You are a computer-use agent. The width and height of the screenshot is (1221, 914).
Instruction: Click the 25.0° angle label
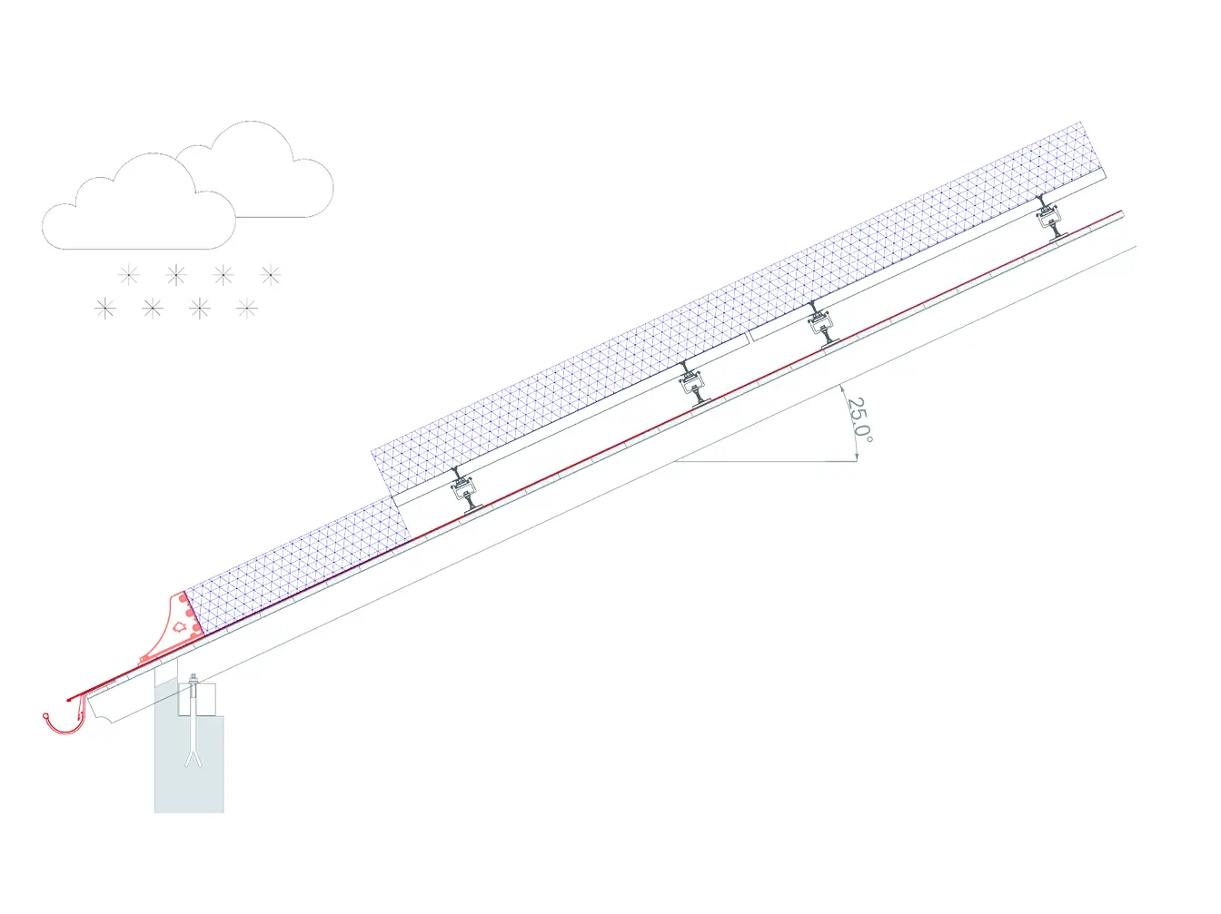point(859,420)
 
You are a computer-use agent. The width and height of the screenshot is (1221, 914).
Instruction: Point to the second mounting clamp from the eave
point(693,384)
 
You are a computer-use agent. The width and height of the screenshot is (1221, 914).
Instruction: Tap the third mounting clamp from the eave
point(821,325)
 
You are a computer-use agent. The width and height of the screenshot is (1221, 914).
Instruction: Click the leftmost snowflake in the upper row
point(129,274)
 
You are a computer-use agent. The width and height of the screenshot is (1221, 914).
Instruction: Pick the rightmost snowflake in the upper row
point(271,274)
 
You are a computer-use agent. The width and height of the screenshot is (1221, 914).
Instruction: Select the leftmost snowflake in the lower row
point(105,308)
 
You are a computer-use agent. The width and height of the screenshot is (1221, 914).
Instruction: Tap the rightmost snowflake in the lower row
point(247,308)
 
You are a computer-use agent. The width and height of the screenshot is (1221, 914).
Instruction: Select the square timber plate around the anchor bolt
point(196,699)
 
